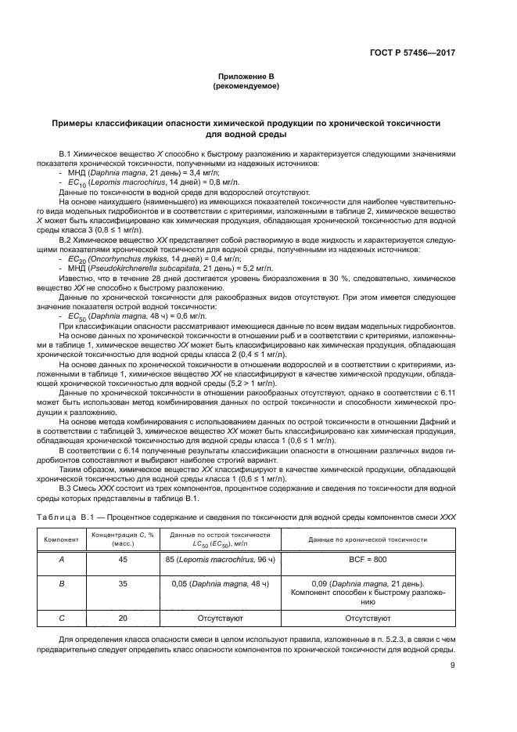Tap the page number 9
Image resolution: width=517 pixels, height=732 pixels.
pos(453,666)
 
